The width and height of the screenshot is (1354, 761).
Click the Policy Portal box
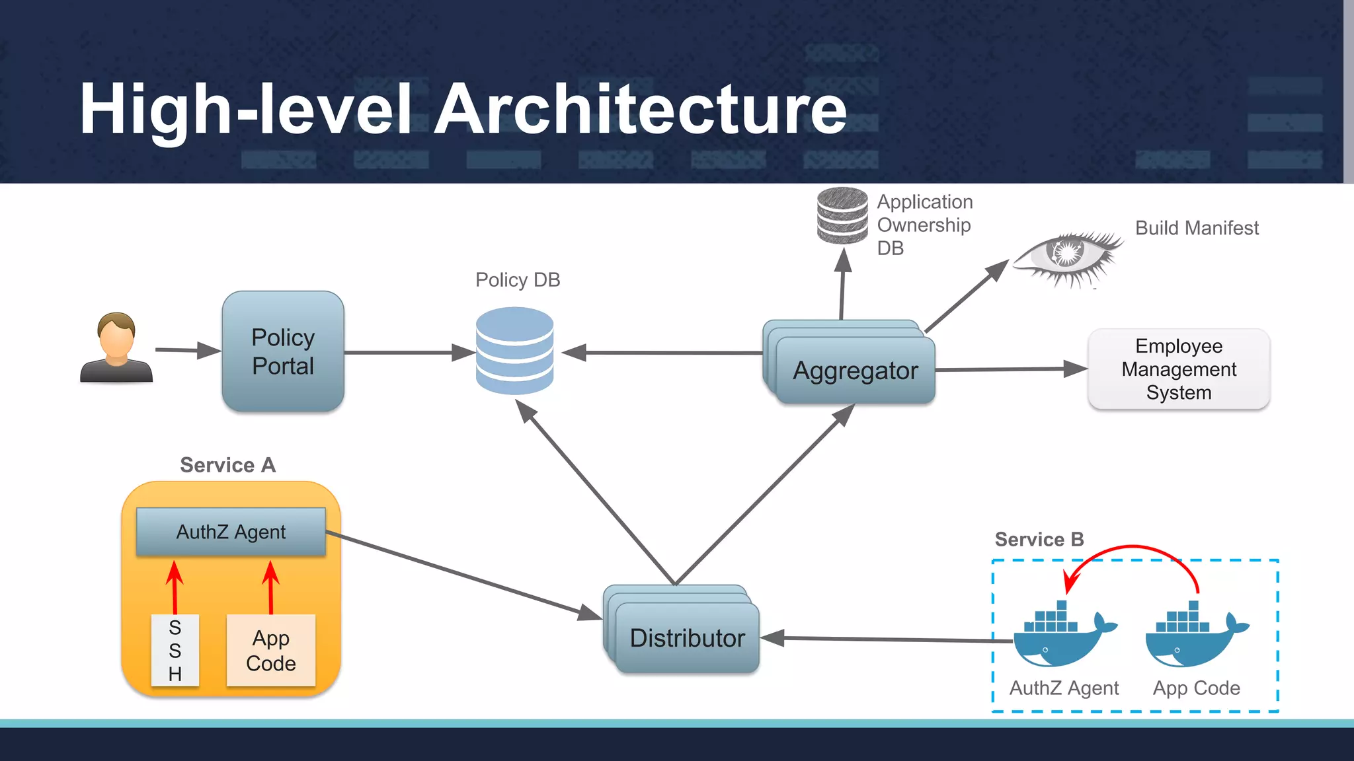pos(283,351)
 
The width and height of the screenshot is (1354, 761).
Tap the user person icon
pos(116,348)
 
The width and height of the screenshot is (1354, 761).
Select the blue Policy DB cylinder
pos(514,351)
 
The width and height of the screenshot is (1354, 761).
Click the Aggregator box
pos(856,371)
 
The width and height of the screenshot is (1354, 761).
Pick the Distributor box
pos(687,637)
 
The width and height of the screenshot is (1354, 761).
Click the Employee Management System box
pos(1179,369)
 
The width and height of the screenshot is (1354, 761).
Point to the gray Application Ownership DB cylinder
pos(842,216)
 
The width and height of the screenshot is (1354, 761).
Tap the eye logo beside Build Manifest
pos(1066,258)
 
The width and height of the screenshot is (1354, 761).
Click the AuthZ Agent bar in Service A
pos(231,532)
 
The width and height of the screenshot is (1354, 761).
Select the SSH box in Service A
pos(175,651)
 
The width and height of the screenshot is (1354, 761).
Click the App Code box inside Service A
pos(271,651)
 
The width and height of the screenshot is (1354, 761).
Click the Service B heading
pos(1039,539)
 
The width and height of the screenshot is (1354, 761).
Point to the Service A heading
pos(227,465)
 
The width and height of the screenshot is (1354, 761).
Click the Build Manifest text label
pos(1197,228)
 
